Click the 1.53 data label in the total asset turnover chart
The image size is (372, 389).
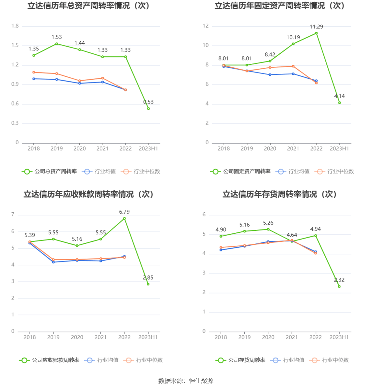(x=57, y=37)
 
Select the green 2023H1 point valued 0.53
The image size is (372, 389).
(x=148, y=108)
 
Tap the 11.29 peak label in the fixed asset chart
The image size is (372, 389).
(x=316, y=27)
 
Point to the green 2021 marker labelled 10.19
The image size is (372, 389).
(x=293, y=44)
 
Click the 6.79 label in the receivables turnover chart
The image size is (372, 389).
(x=124, y=212)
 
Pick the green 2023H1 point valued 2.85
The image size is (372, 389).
(x=148, y=284)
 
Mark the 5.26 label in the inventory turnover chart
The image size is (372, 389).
(x=268, y=223)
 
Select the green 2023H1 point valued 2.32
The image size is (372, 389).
(x=339, y=286)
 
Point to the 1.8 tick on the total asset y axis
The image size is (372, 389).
(x=15, y=26)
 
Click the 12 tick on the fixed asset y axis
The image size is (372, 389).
(x=206, y=26)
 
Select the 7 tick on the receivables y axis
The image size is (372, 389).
(x=13, y=215)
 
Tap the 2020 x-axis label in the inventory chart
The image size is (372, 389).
(x=268, y=337)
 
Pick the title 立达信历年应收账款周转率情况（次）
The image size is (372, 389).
(x=88, y=194)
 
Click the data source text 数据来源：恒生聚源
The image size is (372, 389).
(x=186, y=381)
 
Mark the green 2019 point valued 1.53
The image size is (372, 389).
(x=57, y=44)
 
